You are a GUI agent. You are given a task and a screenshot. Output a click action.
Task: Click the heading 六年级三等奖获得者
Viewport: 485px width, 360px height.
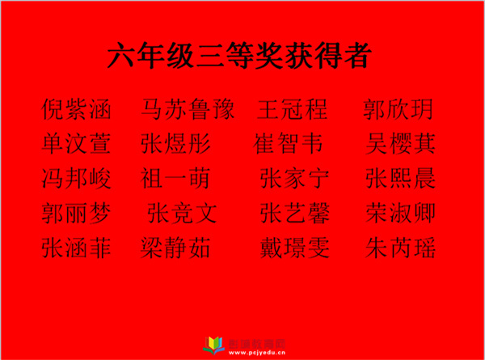239,55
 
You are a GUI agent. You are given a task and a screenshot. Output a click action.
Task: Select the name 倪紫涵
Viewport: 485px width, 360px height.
77,109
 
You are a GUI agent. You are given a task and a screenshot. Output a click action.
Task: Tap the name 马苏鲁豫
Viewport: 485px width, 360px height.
188,109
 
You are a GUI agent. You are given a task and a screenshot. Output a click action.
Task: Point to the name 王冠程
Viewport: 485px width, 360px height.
292,109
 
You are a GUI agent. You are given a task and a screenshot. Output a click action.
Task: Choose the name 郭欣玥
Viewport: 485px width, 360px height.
398,109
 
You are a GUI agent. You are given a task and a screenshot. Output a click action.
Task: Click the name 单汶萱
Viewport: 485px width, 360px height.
77,144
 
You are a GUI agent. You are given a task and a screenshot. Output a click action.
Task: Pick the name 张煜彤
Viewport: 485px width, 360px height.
175,144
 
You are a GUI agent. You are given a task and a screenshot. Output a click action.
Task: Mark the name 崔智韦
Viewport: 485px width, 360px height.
288,144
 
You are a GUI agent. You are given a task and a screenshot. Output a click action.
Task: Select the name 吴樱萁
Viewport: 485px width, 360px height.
401,144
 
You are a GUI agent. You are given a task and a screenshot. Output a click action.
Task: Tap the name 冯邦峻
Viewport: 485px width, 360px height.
77,178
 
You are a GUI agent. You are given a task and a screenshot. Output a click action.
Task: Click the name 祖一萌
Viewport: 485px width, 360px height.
175,178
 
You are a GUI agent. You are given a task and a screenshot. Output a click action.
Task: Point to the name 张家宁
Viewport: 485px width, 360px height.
294,178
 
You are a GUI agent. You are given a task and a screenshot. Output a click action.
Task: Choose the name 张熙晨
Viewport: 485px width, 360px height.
401,178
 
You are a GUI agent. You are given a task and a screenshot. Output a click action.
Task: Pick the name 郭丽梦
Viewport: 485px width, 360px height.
77,213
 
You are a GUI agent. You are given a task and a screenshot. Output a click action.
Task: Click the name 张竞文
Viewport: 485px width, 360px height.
182,213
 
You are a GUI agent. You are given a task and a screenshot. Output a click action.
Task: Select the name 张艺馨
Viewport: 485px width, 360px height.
294,213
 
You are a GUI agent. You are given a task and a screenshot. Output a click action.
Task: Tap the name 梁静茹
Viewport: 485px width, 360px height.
175,248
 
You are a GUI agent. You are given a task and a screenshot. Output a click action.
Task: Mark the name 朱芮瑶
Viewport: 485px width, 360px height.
401,248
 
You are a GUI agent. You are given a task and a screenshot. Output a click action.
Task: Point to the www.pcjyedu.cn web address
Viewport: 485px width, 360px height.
257,353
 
